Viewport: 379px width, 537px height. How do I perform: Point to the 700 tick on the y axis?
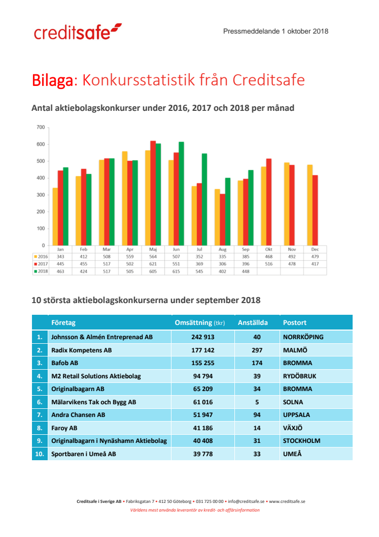click(x=40, y=127)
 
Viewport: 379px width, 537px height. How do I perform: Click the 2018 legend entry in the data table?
click(x=40, y=271)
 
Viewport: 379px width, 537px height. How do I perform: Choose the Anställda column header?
click(x=252, y=323)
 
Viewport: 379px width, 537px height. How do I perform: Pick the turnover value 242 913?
click(x=202, y=337)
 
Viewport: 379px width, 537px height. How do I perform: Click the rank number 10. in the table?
click(x=39, y=454)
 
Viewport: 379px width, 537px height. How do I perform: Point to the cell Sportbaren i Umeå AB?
click(x=84, y=454)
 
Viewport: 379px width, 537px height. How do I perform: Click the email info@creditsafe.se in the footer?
click(x=246, y=501)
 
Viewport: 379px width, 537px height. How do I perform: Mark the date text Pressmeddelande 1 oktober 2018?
click(x=275, y=32)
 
